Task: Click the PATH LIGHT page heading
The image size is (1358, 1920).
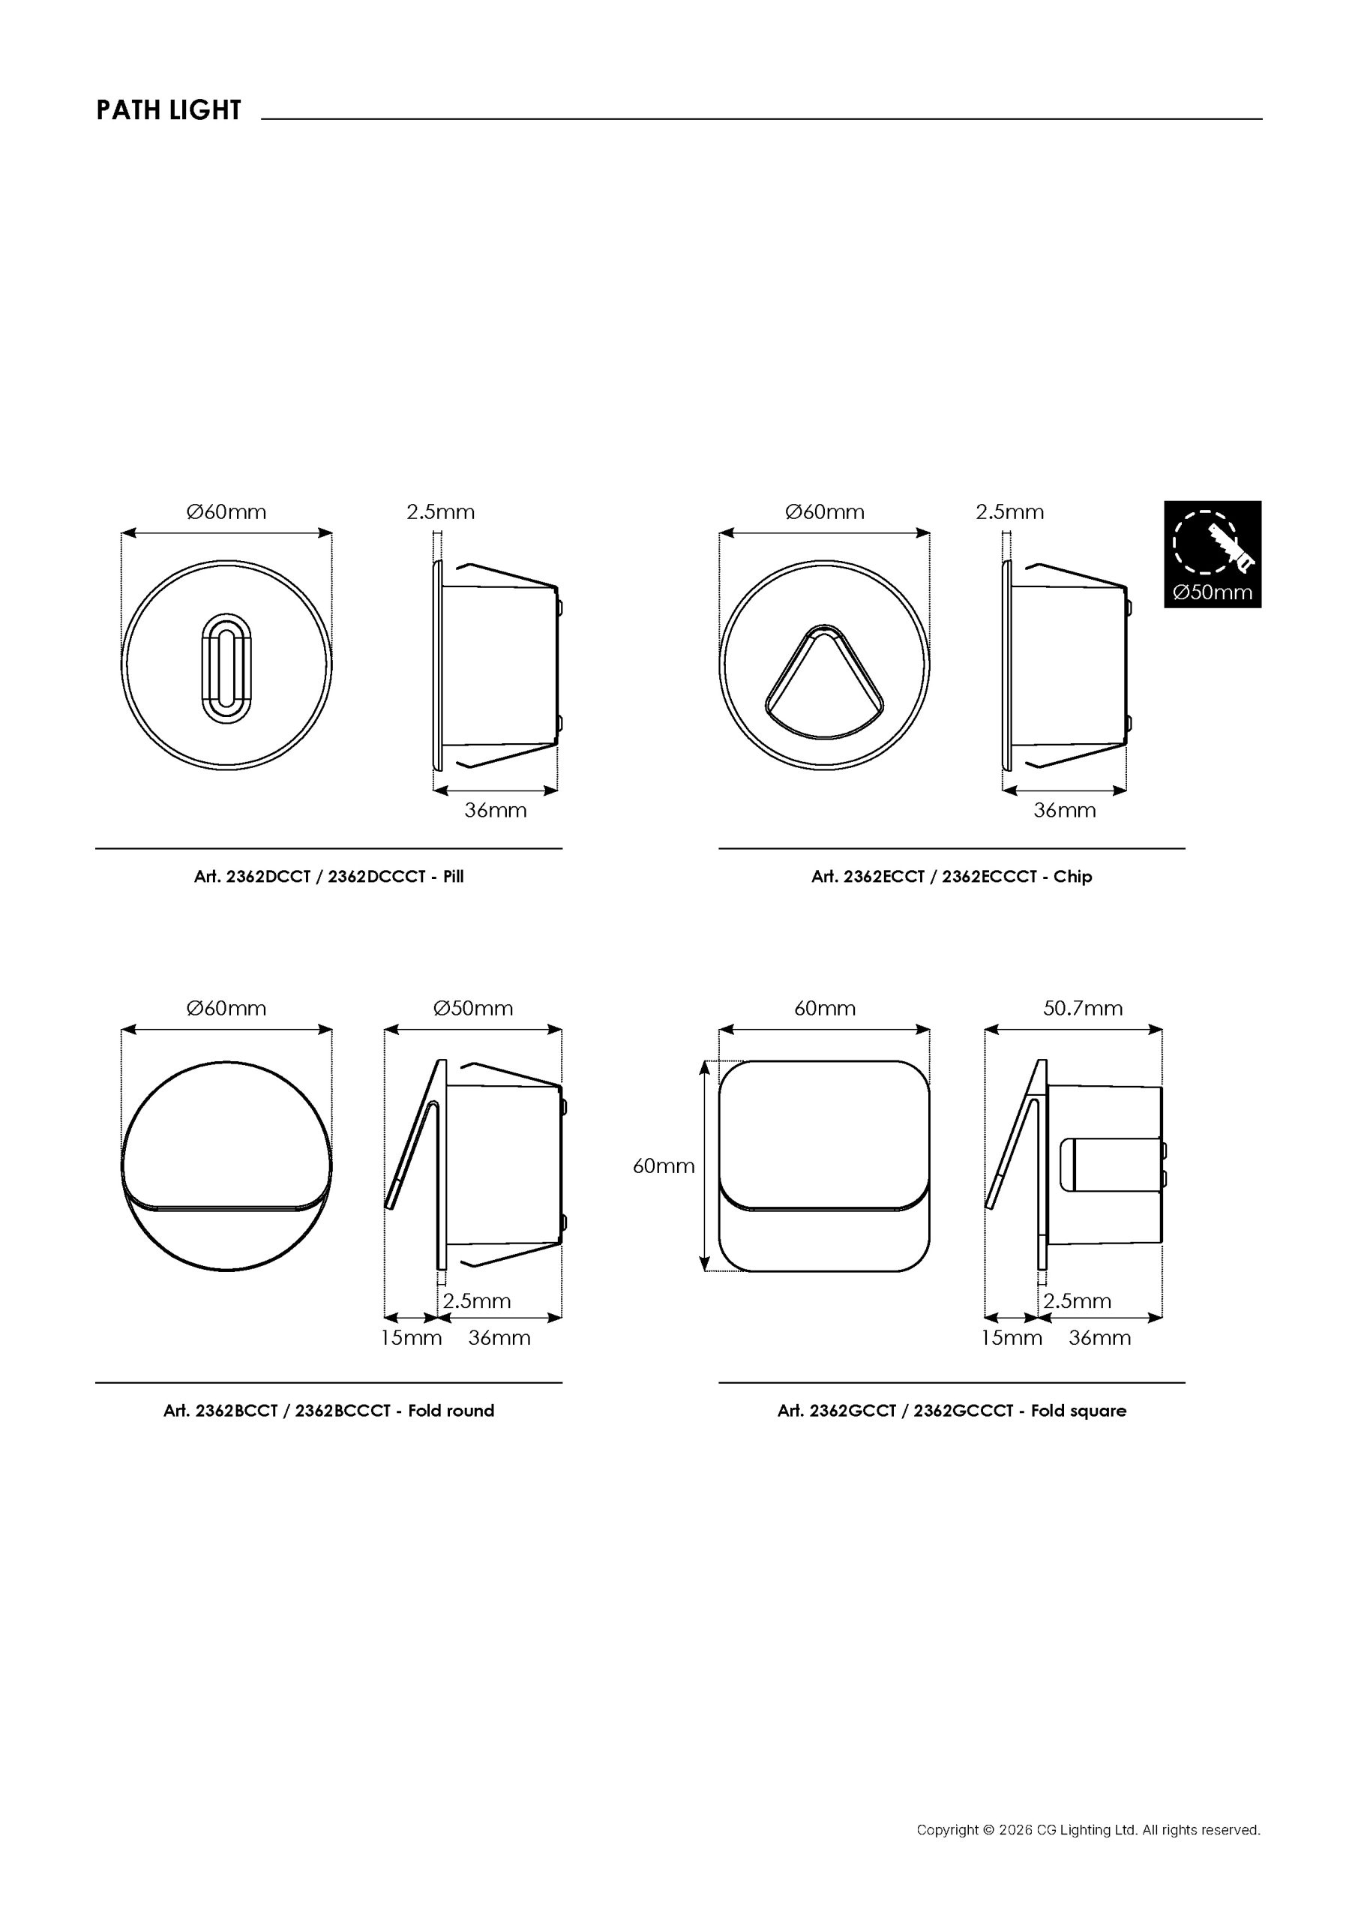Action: pos(168,109)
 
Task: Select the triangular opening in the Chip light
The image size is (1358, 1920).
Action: pos(825,682)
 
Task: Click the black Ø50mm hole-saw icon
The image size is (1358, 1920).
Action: pos(1213,553)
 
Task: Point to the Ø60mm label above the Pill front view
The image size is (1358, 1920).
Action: pos(226,511)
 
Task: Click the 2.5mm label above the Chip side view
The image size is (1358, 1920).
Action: pos(1009,511)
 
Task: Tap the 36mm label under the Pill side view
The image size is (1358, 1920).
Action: pos(496,809)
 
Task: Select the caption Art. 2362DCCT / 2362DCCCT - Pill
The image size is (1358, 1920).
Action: pos(328,877)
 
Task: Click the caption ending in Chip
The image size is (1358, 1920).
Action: pos(952,877)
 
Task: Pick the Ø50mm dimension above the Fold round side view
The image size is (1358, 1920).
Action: pos(473,1008)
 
